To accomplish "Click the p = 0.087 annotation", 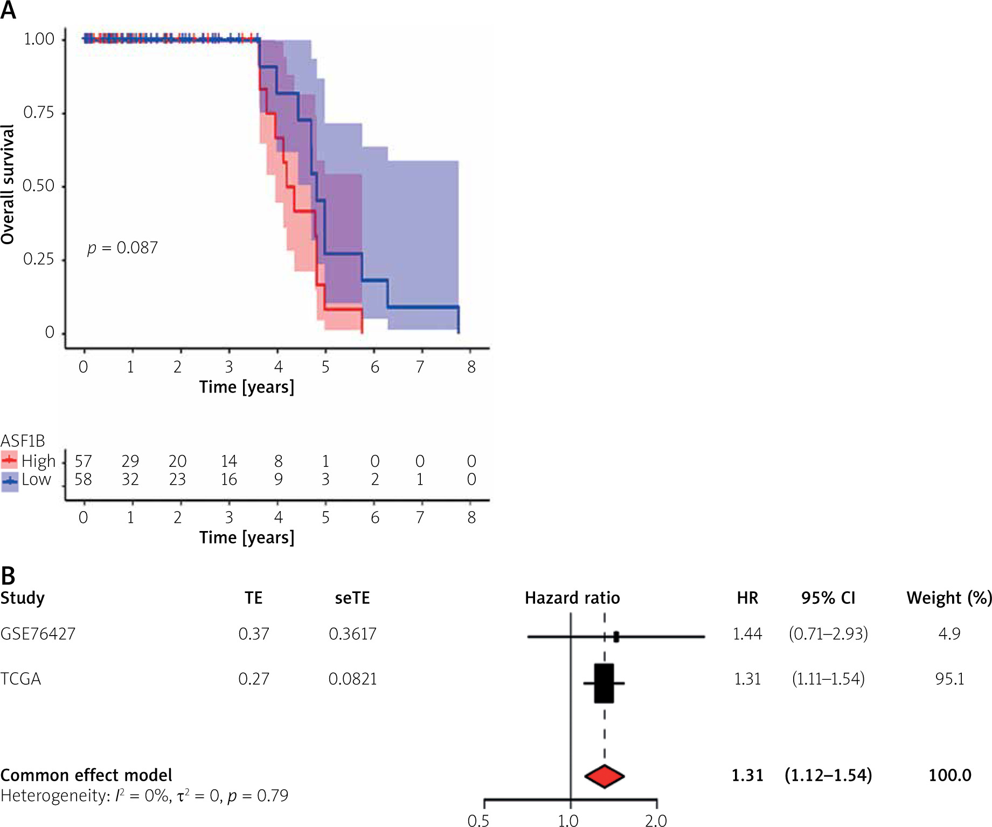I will [x=123, y=248].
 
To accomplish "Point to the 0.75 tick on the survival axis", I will [x=39, y=113].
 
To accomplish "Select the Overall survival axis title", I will [x=8, y=184].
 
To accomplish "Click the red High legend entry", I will [x=29, y=461].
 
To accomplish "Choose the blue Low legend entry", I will [x=27, y=479].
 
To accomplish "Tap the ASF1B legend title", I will [x=23, y=441].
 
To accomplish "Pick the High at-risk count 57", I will [x=84, y=461].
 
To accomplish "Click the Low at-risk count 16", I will [x=229, y=479].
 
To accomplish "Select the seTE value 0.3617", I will [x=352, y=633].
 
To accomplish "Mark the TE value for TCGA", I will [x=254, y=679].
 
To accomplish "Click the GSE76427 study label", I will [x=38, y=633].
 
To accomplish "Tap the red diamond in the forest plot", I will [x=605, y=776].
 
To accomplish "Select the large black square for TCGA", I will [x=604, y=683].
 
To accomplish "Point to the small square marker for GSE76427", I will [x=616, y=637].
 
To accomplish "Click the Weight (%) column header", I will [x=949, y=598].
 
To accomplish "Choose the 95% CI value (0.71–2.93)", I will [x=828, y=633].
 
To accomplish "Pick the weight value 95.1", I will [x=949, y=679].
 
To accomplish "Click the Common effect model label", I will [x=86, y=775].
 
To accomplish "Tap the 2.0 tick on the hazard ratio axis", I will [x=656, y=821].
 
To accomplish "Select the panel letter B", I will [x=8, y=576].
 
